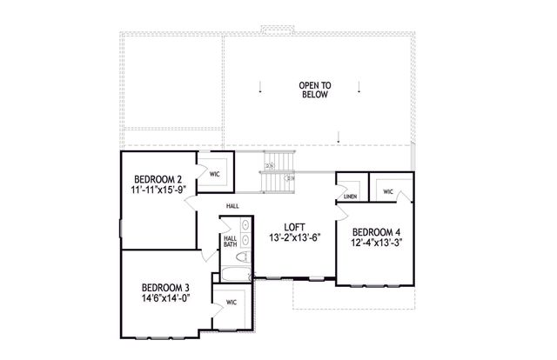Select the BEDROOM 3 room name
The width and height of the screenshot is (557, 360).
165,287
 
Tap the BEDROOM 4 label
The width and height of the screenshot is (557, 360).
377,232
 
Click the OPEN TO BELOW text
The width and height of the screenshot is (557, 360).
315,90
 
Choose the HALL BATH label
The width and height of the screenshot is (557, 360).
230,242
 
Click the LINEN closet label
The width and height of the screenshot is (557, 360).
350,197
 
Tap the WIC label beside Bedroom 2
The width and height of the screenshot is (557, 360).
215,173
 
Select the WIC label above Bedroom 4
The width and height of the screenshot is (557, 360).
388,191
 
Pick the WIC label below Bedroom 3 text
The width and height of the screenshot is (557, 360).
232,303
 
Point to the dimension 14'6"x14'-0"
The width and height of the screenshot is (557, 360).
165,298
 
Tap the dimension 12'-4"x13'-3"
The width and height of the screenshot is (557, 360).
377,244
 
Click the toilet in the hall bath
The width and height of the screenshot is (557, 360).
245,257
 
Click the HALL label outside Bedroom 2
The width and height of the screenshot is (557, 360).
232,206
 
